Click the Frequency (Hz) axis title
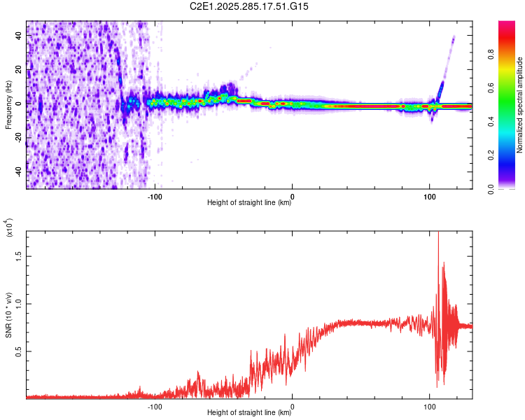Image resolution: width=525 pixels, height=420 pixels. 8,105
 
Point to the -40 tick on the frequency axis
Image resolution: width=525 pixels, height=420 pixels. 19,171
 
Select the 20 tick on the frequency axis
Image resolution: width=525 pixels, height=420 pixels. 19,69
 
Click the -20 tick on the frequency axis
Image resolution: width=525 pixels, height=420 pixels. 19,137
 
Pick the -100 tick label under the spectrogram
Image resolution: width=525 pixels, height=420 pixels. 155,195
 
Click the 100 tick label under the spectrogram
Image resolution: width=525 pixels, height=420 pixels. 429,195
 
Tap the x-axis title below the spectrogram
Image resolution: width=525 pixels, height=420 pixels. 250,203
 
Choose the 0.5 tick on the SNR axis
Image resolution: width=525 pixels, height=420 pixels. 19,351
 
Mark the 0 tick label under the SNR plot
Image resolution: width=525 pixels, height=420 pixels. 292,405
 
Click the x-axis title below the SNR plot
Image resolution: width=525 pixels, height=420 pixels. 250,413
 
